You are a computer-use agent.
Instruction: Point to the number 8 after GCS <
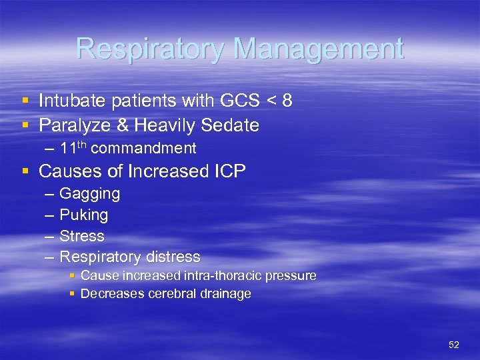click(x=287, y=101)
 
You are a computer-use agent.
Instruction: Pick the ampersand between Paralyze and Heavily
click(x=110, y=125)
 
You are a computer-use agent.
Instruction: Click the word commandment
click(x=143, y=148)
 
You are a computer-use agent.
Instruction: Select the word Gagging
click(x=90, y=194)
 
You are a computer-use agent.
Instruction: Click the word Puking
click(x=84, y=215)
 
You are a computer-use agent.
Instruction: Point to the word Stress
click(x=82, y=236)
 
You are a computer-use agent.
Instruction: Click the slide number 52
click(x=454, y=345)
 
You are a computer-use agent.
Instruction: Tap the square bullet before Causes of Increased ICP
click(x=25, y=171)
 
